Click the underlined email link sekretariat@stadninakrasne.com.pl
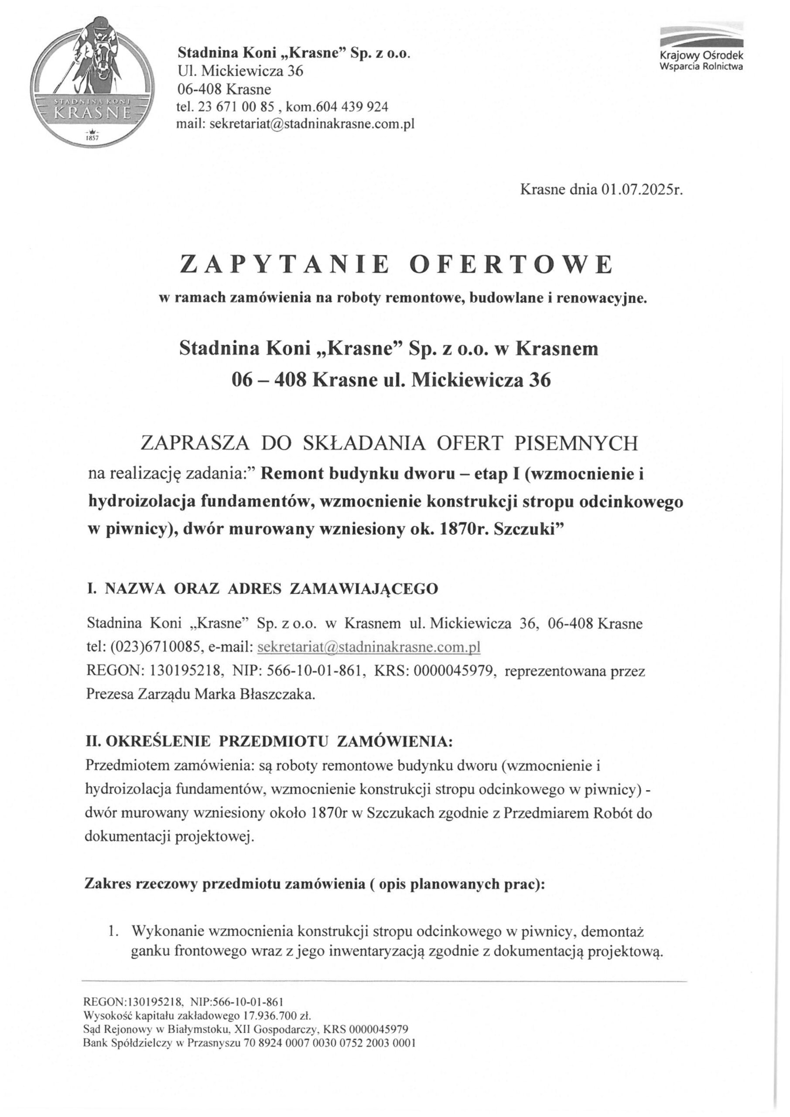click(x=368, y=648)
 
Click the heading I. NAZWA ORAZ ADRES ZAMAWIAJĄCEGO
click(x=262, y=589)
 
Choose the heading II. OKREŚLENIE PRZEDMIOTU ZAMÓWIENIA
click(x=269, y=742)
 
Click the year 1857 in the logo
click(x=92, y=138)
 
